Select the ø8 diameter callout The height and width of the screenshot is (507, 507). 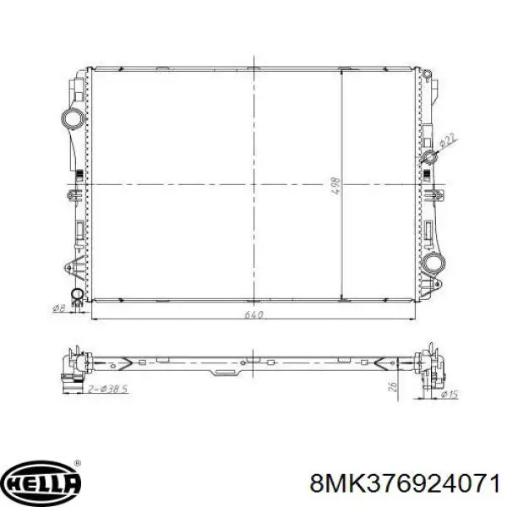tap(59, 307)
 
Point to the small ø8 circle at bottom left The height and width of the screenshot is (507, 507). tap(76, 295)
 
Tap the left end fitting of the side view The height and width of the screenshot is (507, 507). tap(72, 364)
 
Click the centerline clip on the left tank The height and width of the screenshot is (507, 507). tap(71, 194)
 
